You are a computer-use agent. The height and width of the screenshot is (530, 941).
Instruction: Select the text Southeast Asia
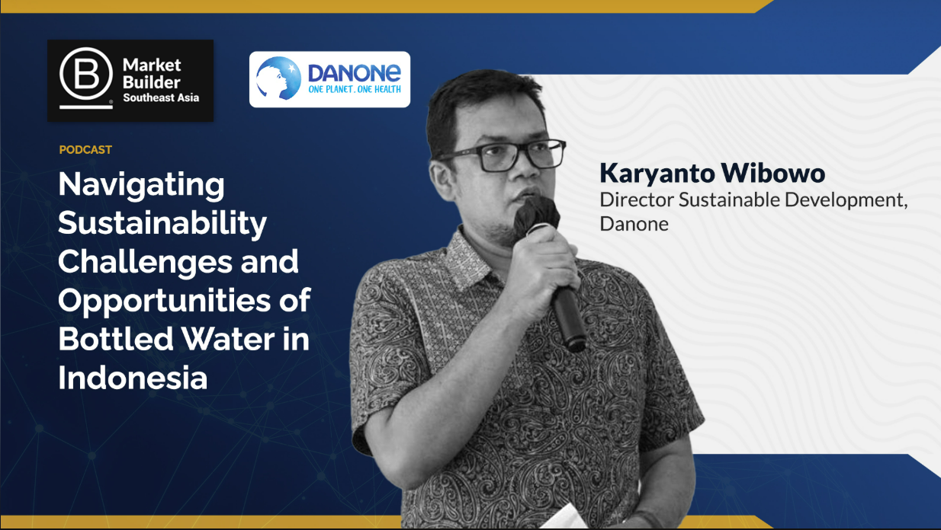160,97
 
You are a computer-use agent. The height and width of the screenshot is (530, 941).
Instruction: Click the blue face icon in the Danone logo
278,79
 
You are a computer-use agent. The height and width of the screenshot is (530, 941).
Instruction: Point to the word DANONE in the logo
354,73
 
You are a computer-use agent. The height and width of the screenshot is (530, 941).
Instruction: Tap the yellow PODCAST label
85,150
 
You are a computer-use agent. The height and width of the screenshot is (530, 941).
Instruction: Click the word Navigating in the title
141,185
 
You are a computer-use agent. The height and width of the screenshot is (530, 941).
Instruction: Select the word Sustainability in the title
162,223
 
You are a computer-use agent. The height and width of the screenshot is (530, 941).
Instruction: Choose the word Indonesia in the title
133,378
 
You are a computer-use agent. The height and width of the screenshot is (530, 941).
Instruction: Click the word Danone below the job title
634,224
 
